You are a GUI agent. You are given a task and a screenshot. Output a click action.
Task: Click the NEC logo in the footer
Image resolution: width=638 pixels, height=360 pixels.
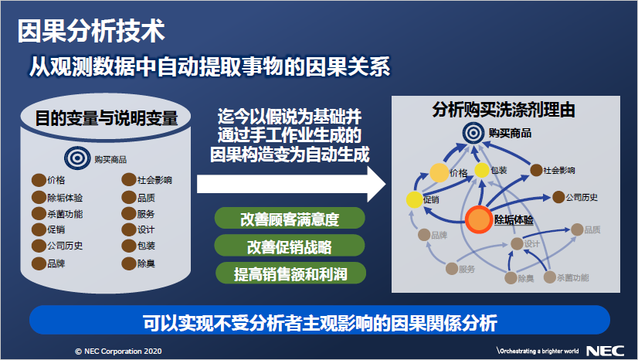tap(605, 351)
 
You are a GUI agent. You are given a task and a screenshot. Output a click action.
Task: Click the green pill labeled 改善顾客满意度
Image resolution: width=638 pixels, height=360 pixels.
tap(290, 219)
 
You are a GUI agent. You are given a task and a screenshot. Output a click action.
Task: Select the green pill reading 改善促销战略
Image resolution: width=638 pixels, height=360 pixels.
tap(290, 246)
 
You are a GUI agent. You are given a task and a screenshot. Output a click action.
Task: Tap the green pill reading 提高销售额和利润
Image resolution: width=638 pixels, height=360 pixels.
tap(290, 273)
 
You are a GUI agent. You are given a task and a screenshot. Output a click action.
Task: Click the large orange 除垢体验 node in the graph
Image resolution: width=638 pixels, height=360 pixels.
tap(479, 219)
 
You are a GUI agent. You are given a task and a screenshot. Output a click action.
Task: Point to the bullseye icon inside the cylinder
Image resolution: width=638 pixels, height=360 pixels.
tap(77, 158)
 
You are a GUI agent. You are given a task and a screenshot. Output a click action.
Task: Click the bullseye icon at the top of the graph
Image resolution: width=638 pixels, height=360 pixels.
tap(473, 133)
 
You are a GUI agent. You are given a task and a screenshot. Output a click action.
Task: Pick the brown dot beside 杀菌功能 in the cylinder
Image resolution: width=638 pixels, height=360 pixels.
tap(39, 213)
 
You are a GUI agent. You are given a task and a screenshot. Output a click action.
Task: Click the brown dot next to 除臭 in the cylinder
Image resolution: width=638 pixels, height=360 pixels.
tap(128, 263)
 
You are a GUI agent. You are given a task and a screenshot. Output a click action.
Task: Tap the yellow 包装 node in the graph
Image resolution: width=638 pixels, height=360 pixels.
tap(482, 170)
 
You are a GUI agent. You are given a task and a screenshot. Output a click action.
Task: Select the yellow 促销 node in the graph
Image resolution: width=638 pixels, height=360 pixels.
tap(415, 200)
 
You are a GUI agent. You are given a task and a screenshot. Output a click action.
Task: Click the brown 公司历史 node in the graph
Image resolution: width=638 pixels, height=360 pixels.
tap(558, 197)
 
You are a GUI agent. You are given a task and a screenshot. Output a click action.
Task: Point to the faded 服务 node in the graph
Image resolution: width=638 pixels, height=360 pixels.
tap(452, 269)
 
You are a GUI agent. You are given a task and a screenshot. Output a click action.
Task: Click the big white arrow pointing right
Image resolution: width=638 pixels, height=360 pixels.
tap(291, 185)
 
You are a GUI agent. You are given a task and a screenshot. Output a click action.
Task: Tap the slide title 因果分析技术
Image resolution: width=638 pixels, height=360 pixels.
tap(91, 31)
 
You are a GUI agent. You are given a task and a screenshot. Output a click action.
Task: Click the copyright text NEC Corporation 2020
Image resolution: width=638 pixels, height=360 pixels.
tap(118, 351)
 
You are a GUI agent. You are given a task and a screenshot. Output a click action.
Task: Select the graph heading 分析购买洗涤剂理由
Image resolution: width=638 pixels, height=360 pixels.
tap(504, 110)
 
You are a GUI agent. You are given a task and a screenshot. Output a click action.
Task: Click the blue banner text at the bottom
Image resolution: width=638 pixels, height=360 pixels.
tap(320, 323)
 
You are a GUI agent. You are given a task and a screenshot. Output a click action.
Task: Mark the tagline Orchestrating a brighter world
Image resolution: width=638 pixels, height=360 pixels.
tap(538, 351)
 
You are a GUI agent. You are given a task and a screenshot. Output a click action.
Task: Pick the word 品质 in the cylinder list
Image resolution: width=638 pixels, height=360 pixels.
tap(146, 198)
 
